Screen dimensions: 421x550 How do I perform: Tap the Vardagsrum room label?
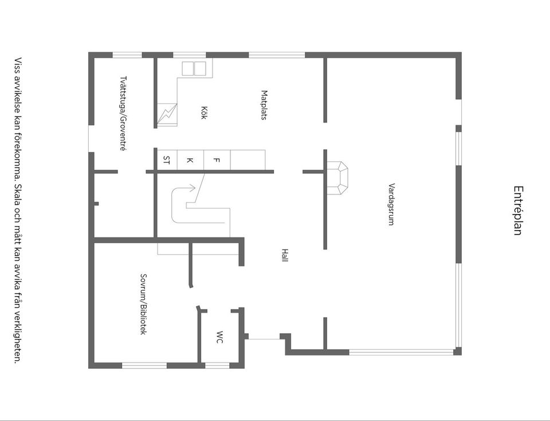coord(391,204)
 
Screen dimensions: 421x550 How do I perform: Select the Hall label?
coord(285,255)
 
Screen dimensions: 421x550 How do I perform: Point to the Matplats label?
coord(264,104)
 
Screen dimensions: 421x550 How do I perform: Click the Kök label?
coord(203,112)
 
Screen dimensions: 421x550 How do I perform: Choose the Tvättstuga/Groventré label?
coord(123,113)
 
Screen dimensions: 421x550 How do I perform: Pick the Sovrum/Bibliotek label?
coord(144,304)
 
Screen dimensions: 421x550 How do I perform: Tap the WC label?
coord(219,337)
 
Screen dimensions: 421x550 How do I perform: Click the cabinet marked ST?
coord(167,159)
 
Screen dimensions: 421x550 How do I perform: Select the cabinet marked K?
coord(190,159)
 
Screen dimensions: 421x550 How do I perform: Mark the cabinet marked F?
coord(217,159)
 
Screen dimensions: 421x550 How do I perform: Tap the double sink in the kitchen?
coord(194,68)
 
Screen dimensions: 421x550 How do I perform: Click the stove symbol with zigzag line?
coord(167,112)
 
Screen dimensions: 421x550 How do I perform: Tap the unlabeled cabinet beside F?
coord(248,159)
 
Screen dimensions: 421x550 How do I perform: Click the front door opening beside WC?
coord(264,338)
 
